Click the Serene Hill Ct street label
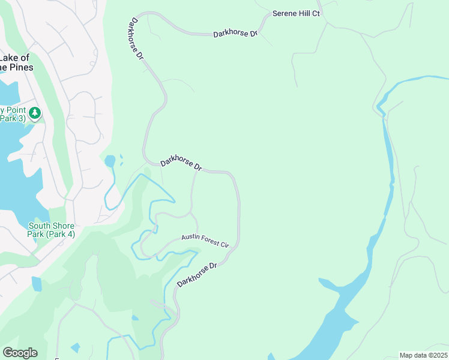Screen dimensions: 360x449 click(x=297, y=13)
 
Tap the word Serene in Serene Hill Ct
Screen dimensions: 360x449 click(x=285, y=13)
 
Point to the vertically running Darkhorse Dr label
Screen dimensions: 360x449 click(x=136, y=38)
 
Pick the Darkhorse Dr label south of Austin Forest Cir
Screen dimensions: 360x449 click(x=196, y=274)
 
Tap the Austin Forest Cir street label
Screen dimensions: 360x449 click(x=205, y=241)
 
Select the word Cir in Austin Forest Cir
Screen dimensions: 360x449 click(x=224, y=245)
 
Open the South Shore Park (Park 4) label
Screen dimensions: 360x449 click(x=51, y=230)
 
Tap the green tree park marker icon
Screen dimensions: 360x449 click(x=35, y=112)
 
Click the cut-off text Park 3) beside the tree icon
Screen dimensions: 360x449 click(x=10, y=118)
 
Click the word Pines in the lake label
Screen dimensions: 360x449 click(x=20, y=67)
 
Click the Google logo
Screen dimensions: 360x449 click(x=20, y=353)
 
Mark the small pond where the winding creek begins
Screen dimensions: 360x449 click(x=110, y=161)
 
